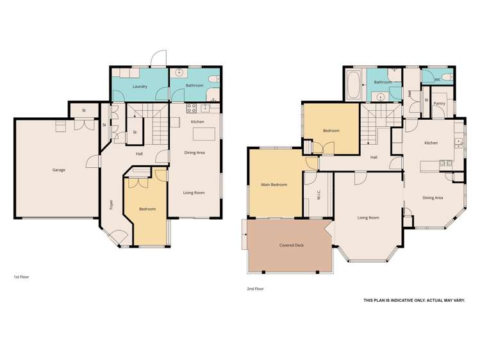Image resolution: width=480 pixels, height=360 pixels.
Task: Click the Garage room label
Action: coord(59,170)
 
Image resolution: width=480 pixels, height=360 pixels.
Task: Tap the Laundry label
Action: coord(140,86)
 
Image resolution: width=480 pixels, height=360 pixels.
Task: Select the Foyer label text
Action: coord(111,205)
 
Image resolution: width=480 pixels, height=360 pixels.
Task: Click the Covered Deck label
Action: coord(291,245)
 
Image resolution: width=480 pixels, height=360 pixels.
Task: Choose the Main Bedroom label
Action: coord(274,184)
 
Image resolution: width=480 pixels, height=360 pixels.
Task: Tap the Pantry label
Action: coord(439,103)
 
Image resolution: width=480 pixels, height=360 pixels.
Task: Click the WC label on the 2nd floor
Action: coord(438,80)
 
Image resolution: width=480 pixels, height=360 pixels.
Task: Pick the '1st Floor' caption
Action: coord(21,277)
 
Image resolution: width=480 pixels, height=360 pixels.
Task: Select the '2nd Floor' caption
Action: coord(255,289)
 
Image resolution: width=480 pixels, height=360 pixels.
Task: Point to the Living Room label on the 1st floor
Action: coord(194,192)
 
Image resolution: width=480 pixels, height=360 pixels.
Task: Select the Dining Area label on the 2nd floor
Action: coord(433,198)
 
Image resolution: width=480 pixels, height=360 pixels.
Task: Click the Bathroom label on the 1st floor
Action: coord(194,85)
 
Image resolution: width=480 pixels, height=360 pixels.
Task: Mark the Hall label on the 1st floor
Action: coord(139,154)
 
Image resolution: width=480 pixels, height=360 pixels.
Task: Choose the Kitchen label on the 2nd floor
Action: coord(431,143)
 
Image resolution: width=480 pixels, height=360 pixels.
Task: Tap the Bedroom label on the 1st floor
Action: coord(147,209)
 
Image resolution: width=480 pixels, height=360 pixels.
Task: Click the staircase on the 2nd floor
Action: coord(377,122)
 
